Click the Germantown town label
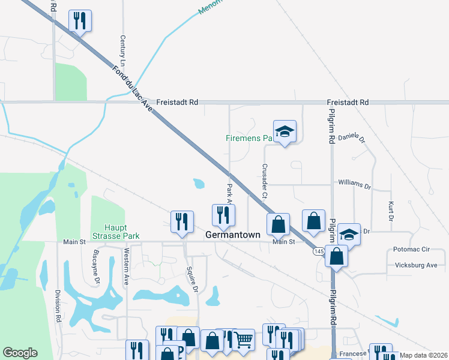(x=234, y=235)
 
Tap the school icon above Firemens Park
(x=285, y=131)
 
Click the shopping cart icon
(x=243, y=340)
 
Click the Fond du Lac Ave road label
(x=132, y=86)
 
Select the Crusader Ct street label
(x=264, y=181)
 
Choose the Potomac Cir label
(x=412, y=249)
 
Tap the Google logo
(x=20, y=353)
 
